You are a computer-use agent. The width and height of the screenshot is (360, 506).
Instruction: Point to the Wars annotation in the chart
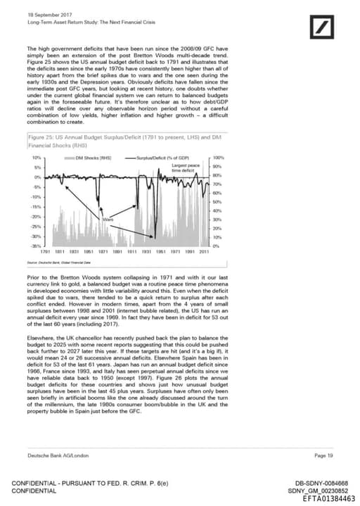tap(108, 220)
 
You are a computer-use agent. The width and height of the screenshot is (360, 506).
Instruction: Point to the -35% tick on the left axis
tap(37, 246)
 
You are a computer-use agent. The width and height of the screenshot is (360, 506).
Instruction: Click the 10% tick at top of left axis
tap(38, 158)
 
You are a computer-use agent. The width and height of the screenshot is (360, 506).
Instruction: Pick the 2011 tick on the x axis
tap(204, 251)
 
